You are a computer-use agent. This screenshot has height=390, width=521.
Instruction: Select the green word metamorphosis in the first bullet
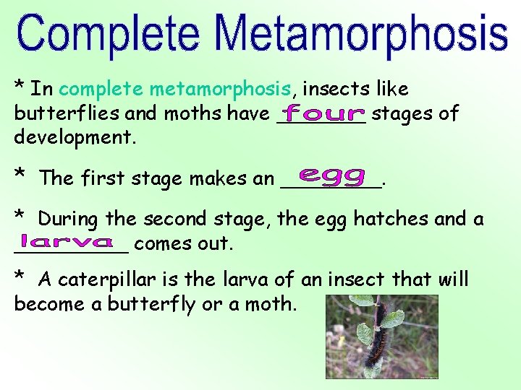point(220,90)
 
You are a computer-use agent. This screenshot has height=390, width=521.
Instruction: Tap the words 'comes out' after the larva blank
point(184,243)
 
